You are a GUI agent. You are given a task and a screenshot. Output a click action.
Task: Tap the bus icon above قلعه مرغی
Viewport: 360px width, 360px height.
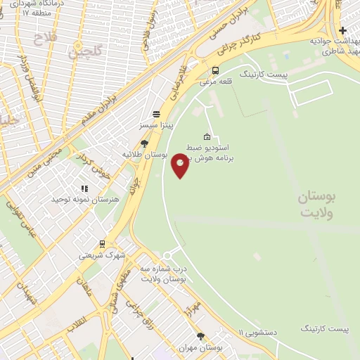(214, 70)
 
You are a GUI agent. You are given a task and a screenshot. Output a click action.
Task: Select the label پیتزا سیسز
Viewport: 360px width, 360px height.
(155, 124)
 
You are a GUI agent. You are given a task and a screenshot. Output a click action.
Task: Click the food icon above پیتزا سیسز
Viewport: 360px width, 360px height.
(155, 114)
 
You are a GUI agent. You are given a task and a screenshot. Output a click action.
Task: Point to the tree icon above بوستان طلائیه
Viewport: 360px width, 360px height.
(144, 143)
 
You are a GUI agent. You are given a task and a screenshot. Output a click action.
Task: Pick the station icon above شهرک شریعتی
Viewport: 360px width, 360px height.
(102, 244)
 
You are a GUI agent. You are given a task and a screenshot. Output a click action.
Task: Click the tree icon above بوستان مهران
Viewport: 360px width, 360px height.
(200, 337)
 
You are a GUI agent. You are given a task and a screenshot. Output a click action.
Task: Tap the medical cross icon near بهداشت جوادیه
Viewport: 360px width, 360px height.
(342, 30)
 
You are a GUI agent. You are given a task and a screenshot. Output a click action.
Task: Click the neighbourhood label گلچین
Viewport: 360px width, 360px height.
(85, 49)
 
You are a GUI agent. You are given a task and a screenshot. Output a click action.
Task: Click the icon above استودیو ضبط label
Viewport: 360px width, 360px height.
(207, 136)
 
